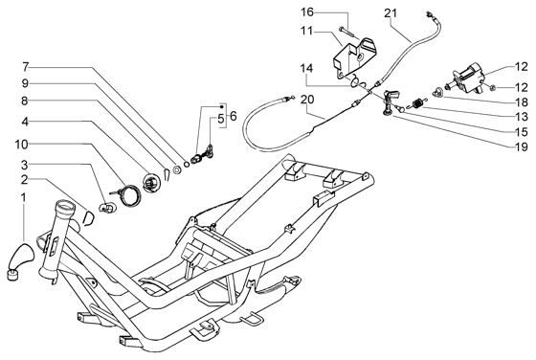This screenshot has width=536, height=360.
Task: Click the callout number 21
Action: point(391,13)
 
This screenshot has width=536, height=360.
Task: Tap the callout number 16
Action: point(307,12)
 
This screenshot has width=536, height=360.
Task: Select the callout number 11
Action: point(306,31)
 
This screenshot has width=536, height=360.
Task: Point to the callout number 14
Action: point(306,68)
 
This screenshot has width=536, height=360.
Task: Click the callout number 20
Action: point(307,100)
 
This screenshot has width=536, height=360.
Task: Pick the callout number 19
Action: point(522,146)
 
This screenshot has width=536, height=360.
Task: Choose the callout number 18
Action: point(522,102)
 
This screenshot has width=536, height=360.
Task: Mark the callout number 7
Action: point(25,67)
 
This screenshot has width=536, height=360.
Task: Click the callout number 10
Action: point(21,145)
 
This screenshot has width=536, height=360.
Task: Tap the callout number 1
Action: point(23,197)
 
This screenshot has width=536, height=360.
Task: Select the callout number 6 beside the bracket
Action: point(233,116)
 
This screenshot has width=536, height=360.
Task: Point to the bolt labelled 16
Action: point(345,32)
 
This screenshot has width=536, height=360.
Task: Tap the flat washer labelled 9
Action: point(177,169)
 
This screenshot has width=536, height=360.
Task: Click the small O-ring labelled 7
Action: point(187,165)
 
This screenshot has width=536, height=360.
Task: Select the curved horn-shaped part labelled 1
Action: point(20,259)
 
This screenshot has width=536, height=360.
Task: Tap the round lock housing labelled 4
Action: point(151,183)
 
